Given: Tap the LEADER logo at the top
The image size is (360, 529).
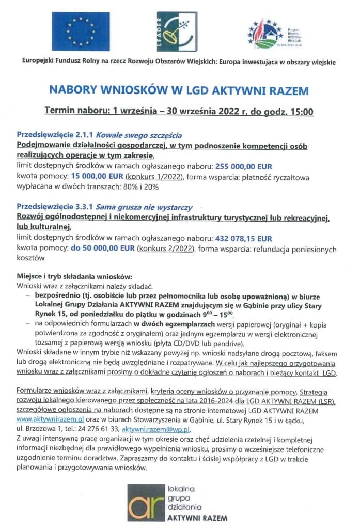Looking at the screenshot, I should point(176,32).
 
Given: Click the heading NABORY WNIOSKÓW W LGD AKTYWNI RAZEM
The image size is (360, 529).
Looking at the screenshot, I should point(179,91).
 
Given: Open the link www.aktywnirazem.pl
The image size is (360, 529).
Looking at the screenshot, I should point(50,420).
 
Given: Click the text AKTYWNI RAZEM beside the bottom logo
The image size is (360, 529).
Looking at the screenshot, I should point(197,517).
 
